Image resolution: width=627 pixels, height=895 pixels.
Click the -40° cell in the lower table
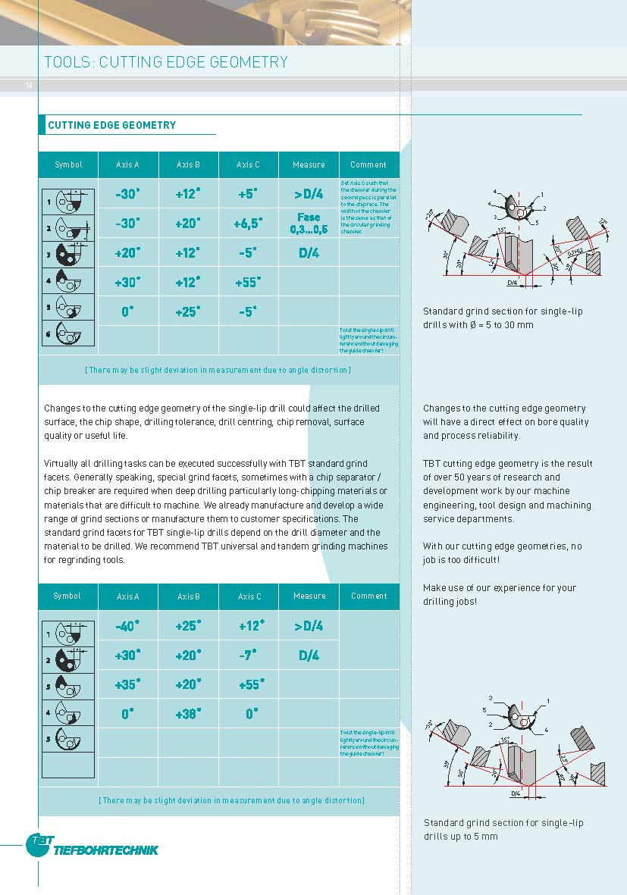click(x=127, y=626)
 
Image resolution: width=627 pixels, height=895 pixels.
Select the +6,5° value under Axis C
click(x=248, y=224)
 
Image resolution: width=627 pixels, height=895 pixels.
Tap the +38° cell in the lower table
click(x=187, y=713)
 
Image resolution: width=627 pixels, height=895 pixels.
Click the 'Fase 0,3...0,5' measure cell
click(x=309, y=224)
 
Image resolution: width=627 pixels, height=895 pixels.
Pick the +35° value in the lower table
click(x=127, y=684)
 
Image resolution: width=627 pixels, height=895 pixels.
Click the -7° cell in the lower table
click(x=248, y=656)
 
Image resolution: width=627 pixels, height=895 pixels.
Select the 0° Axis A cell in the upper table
click(x=127, y=311)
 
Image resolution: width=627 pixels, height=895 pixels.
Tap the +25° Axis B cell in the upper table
click(x=187, y=311)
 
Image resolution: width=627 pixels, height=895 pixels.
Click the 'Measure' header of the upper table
click(x=309, y=164)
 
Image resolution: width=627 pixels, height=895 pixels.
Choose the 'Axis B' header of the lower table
click(x=188, y=596)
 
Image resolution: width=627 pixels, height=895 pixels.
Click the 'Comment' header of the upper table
click(x=368, y=164)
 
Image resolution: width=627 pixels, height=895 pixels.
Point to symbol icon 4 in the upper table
click(x=69, y=282)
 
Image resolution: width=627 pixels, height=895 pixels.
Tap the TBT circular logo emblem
click(x=36, y=843)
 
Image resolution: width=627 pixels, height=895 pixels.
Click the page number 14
click(x=30, y=86)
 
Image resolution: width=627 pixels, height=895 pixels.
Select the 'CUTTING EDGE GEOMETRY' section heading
click(x=111, y=125)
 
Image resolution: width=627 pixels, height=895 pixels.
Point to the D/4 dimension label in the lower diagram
click(x=516, y=793)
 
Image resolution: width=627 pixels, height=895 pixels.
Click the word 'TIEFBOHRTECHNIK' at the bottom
click(x=105, y=850)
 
